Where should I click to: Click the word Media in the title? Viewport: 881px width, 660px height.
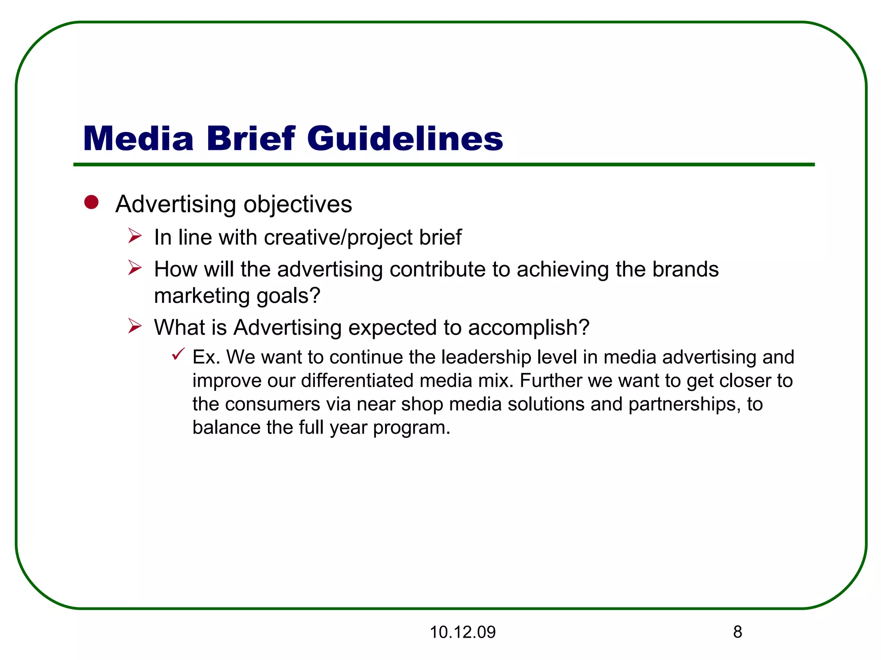tap(138, 139)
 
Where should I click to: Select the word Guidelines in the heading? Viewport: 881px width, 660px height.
tap(404, 139)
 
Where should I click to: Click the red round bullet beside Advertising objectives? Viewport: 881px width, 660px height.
tap(91, 202)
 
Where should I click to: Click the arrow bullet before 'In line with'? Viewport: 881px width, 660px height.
tap(135, 236)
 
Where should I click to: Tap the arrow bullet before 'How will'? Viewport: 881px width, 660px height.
tap(135, 268)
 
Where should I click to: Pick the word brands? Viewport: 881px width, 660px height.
tap(685, 269)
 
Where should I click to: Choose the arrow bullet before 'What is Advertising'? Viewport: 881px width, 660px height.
tap(135, 326)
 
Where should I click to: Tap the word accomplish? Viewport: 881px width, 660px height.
tap(529, 328)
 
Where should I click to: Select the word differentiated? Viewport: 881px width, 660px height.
tap(357, 381)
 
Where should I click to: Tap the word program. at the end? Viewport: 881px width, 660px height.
tap(411, 428)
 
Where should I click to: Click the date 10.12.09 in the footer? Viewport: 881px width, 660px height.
tap(462, 632)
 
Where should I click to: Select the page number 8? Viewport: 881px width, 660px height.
tap(737, 632)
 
